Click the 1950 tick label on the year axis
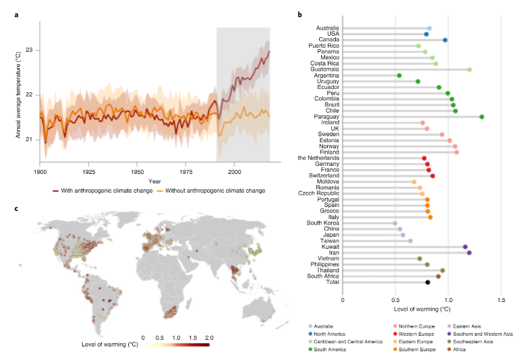[x=137, y=172]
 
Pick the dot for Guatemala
[x=469, y=69]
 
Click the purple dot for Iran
[x=469, y=253]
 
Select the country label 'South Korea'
[x=323, y=223]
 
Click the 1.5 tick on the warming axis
[x=501, y=299]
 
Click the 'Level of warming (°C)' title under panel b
[x=421, y=308]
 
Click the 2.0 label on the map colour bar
[x=208, y=335]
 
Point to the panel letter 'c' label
[x=17, y=208]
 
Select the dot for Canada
[x=445, y=40]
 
